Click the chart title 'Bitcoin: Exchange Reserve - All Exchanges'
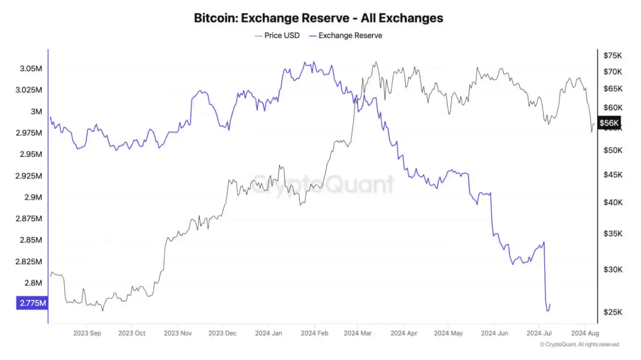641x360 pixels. (318, 18)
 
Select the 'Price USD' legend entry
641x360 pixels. (277, 36)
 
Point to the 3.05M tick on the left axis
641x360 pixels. (31, 68)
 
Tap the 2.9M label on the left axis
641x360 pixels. (33, 197)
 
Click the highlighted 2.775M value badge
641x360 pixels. (32, 303)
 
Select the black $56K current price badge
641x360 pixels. (609, 123)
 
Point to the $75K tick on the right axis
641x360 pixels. (613, 55)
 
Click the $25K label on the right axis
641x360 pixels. (613, 312)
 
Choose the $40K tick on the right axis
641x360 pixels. (613, 202)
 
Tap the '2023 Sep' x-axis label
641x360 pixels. (87, 333)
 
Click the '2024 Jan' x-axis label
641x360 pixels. (268, 333)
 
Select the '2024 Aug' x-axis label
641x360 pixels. (585, 333)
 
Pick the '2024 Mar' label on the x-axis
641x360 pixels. (358, 333)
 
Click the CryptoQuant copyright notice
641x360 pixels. (580, 344)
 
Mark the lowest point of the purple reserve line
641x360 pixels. (548, 311)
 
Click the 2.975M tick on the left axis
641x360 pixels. (29, 133)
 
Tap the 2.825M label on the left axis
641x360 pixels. (29, 262)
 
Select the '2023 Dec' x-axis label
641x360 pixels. (222, 333)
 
